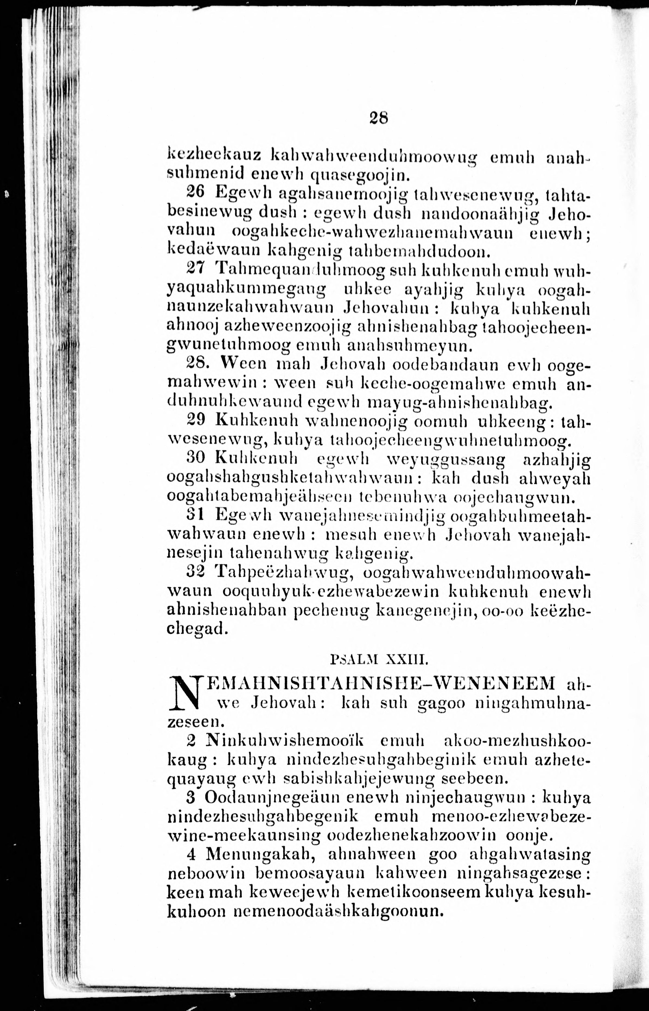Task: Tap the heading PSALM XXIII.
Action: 380,659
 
